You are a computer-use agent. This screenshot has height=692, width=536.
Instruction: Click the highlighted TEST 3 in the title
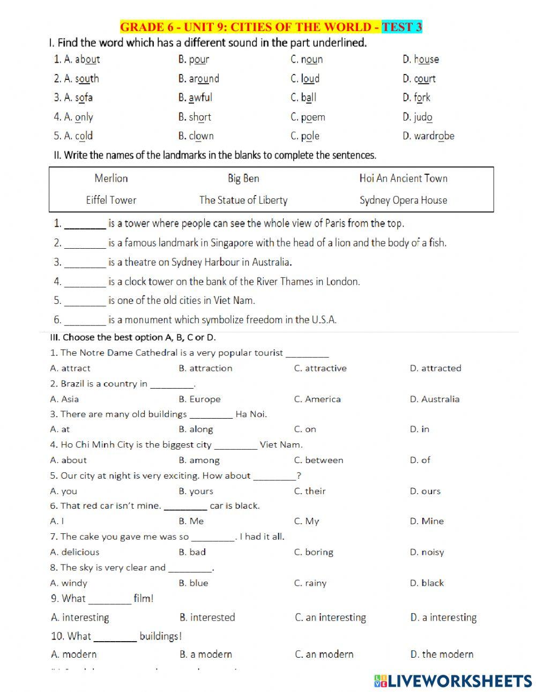click(x=402, y=27)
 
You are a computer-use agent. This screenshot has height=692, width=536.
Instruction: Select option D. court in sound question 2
click(x=419, y=79)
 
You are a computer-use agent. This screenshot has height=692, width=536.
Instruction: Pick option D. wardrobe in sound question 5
click(x=428, y=136)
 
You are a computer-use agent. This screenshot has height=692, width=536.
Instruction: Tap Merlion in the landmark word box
click(x=111, y=178)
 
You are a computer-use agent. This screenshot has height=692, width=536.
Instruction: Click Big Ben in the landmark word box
click(x=243, y=178)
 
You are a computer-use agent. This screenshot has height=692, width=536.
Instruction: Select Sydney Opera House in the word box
click(x=403, y=200)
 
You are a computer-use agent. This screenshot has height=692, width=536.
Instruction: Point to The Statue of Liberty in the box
click(x=243, y=200)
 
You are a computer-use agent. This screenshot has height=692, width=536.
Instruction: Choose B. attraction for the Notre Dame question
click(x=205, y=368)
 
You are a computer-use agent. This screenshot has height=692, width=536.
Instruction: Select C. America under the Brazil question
click(x=317, y=399)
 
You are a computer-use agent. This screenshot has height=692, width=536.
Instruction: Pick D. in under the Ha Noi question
click(x=420, y=429)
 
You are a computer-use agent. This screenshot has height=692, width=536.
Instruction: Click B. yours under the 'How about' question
click(x=196, y=492)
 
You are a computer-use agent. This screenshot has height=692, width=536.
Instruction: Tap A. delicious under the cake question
click(x=75, y=552)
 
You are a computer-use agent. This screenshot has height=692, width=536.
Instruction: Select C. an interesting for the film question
click(x=330, y=617)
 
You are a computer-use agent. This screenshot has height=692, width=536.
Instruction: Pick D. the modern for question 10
click(x=442, y=654)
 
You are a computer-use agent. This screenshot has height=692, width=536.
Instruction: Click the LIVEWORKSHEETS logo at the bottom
click(x=453, y=681)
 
